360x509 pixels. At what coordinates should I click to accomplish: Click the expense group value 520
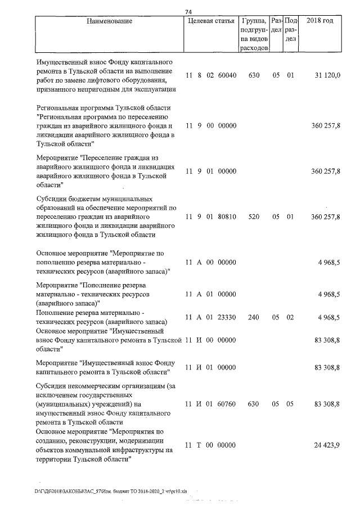(x=254, y=217)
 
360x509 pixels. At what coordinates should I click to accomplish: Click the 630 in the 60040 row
(x=254, y=75)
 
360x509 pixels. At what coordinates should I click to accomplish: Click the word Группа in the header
(x=254, y=21)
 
